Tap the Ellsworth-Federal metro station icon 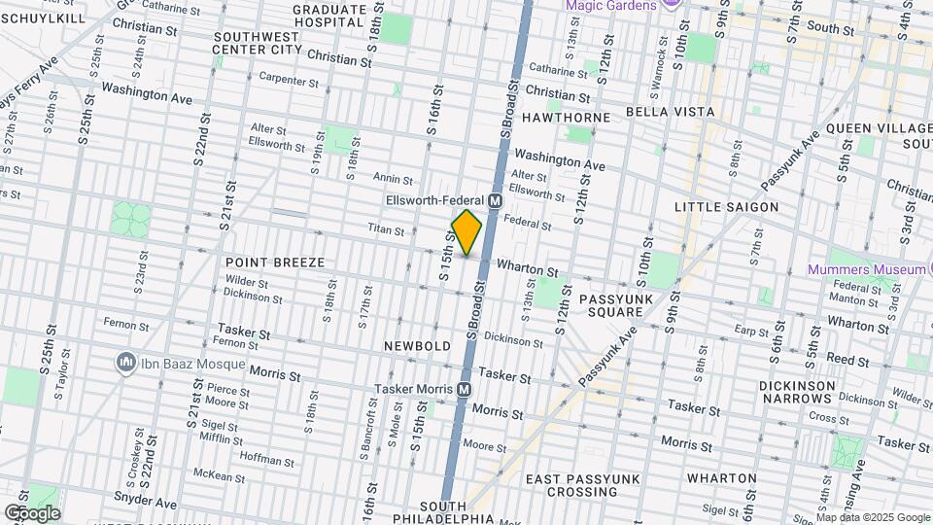pos(495,201)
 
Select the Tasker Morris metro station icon pos(465,389)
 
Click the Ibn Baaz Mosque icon pos(125,363)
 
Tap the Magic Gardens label pos(609,6)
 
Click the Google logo pos(32,512)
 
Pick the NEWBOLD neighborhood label pos(418,346)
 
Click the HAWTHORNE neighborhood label pos(566,118)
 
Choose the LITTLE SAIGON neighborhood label pos(727,207)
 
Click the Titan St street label pos(386,229)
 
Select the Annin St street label pos(393,179)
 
